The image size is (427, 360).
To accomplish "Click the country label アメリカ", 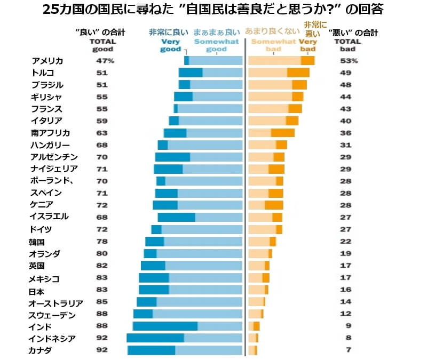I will (48, 61).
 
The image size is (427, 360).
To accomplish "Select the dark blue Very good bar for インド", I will (165, 326).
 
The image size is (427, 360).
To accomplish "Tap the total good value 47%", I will (101, 61).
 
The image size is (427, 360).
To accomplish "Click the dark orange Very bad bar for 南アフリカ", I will (283, 133).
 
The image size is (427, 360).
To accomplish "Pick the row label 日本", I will (37, 291).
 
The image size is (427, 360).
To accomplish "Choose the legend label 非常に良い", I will (168, 32).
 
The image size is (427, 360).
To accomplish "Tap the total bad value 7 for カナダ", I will (349, 350).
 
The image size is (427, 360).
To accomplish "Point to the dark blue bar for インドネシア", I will (155, 338).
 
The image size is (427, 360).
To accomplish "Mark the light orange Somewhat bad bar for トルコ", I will (268, 73).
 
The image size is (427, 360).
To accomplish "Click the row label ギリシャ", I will (47, 97).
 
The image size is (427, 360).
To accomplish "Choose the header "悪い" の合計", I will (353, 33).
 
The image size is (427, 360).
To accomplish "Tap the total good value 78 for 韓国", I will (101, 242).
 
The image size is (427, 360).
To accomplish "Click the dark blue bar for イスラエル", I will (176, 217).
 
